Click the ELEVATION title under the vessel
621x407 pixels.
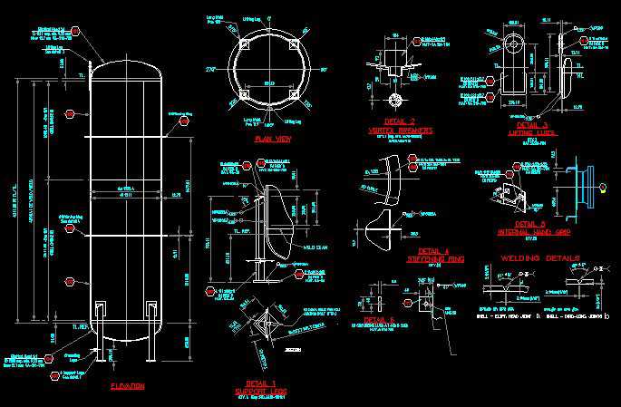128,386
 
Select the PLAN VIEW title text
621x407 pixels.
273,139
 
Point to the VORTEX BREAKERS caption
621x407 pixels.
400,131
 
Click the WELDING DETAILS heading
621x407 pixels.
540,258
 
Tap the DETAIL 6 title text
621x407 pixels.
379,320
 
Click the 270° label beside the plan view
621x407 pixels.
214,69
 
